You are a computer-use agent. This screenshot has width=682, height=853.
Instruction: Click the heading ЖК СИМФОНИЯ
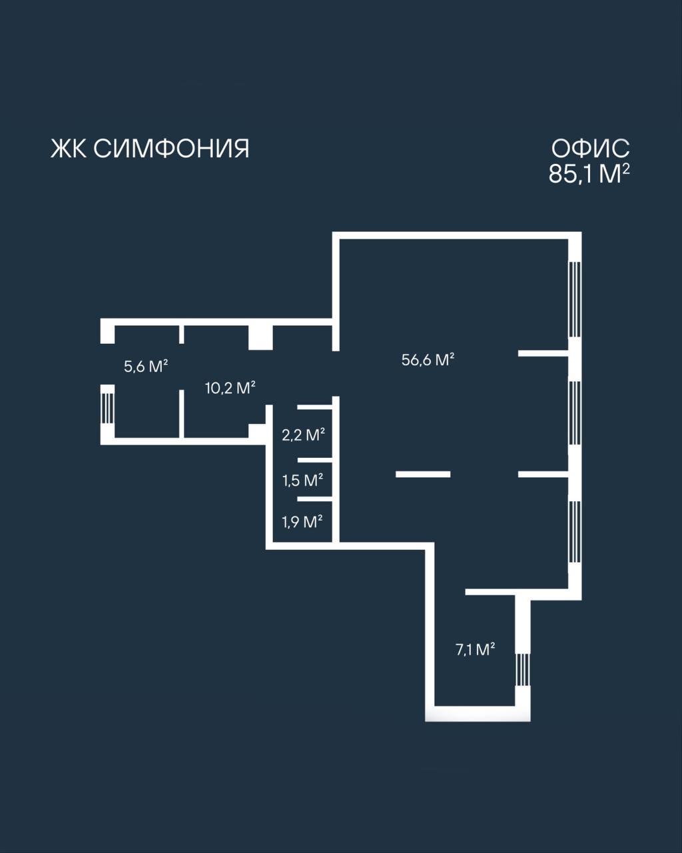150,149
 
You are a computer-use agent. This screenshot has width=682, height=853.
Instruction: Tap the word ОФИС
590,149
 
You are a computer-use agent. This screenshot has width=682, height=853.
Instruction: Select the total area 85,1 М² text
589,174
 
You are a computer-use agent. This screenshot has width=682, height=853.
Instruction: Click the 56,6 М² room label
428,360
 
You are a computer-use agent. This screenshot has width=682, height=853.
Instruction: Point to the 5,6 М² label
146,367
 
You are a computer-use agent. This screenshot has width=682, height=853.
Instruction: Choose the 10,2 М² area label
230,388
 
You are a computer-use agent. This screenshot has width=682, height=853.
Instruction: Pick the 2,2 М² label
303,434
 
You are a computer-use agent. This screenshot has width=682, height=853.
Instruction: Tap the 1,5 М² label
302,480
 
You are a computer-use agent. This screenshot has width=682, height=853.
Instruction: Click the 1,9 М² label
302,522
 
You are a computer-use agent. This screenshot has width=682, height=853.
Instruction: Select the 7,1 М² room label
475,650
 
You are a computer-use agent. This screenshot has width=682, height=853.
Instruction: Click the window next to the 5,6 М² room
107,409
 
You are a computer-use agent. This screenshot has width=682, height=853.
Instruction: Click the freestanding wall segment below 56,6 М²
423,474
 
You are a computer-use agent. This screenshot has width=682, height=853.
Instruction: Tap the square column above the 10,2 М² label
260,337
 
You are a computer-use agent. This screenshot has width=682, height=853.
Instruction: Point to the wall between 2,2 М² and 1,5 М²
314,460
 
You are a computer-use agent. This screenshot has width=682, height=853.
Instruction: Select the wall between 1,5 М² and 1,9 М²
314,499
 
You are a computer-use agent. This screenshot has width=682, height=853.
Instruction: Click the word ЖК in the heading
69,149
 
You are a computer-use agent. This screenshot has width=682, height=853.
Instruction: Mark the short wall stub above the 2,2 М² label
314,407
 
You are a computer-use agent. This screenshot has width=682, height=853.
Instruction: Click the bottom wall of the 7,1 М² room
478,714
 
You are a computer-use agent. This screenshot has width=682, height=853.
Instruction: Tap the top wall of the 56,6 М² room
457,235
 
